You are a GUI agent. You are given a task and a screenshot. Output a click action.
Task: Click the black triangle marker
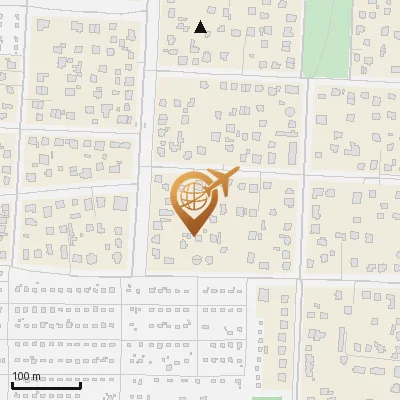pos(201,27)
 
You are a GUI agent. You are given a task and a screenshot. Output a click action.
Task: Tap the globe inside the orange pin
pos(193,197)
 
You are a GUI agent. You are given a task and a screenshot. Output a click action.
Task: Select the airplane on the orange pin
pos(220,183)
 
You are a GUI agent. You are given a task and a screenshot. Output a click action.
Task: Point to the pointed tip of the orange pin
pos(193,235)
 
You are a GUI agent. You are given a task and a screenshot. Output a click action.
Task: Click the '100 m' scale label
pos(26,376)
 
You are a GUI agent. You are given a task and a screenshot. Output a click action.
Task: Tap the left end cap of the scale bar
pos(12,385)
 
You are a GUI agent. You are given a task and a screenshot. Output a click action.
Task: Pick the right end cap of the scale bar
pos(81,385)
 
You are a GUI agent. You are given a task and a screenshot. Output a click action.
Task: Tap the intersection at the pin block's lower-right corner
pos(300,278)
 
